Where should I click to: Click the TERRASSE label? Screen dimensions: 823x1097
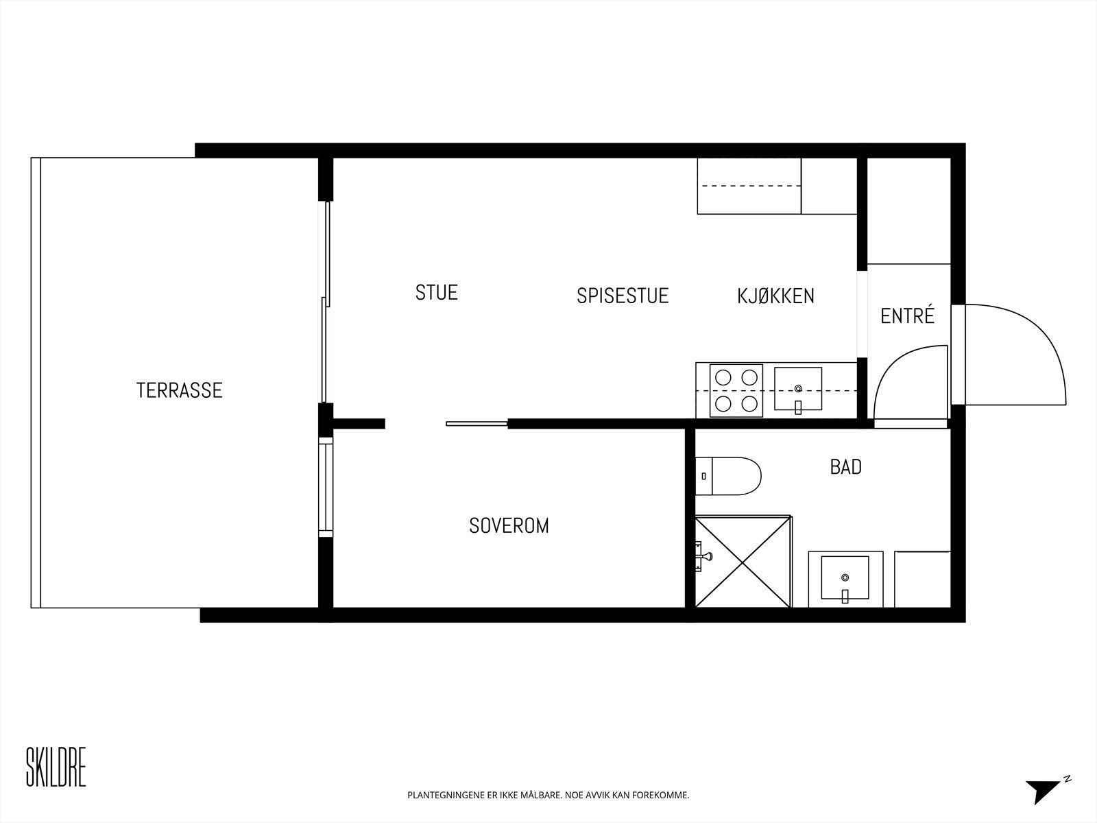(179, 390)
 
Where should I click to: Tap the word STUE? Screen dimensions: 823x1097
(436, 292)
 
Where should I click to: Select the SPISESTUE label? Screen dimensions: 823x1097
(622, 296)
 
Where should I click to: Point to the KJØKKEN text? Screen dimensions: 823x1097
(775, 296)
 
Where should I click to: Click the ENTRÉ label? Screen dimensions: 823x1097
(907, 316)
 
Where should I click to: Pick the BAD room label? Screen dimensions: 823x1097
(845, 467)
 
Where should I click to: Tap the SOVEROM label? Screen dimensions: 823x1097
(509, 526)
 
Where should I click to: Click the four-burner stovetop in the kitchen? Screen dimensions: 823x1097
(736, 390)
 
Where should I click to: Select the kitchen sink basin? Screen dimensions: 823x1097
(798, 388)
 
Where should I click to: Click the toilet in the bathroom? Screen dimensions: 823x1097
(730, 475)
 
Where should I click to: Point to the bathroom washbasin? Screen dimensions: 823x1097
(845, 578)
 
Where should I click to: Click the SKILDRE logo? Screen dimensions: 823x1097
(56, 766)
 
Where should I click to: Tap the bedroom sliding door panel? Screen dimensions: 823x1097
(477, 424)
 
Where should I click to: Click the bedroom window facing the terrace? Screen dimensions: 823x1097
(326, 487)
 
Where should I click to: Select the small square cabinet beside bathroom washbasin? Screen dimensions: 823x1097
(923, 579)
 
